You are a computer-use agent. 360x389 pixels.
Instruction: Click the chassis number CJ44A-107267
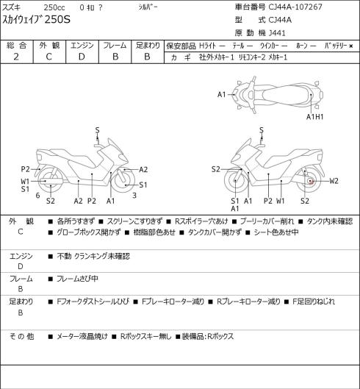coord(295,7)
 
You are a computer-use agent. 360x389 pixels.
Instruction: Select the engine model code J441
coord(277,33)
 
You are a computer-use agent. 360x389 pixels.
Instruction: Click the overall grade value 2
coord(16,57)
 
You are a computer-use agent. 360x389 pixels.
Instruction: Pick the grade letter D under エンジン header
coord(82,57)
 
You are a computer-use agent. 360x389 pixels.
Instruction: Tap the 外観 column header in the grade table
coord(49,46)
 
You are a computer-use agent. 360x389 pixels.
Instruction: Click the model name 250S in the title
coord(57,19)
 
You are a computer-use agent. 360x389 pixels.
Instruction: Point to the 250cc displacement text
coord(54,7)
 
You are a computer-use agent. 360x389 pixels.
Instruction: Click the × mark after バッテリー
coord(351,46)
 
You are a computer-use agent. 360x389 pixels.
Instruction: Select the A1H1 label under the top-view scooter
coord(315,117)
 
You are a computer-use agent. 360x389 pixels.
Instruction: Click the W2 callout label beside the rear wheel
coord(334,181)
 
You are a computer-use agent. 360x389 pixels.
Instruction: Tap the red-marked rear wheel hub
coord(311,182)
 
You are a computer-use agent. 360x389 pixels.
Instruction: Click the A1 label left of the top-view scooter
coord(222,95)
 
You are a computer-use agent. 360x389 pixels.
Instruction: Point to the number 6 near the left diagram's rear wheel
coord(37,196)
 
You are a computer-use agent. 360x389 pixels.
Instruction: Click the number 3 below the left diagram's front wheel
coord(134,196)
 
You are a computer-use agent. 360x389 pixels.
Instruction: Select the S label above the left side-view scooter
coord(98,130)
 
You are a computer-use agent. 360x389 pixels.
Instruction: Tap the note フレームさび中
coord(77,279)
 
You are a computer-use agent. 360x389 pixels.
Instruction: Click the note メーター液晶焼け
coord(82,337)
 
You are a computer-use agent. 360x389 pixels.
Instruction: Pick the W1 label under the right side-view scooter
coord(281,201)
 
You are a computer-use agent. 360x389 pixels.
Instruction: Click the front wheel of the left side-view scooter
coord(123,180)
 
